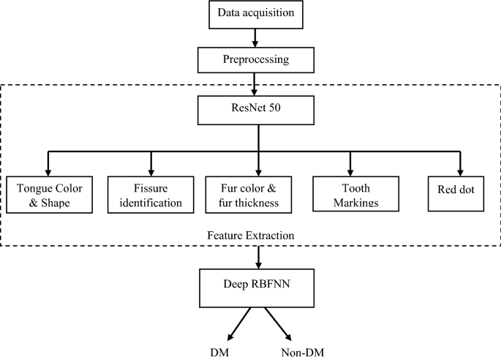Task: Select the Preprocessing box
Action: pyautogui.click(x=255, y=59)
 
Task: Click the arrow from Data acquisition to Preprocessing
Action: pyautogui.click(x=255, y=36)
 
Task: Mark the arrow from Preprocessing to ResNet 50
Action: pyautogui.click(x=255, y=84)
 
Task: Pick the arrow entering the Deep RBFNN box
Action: pyautogui.click(x=257, y=256)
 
